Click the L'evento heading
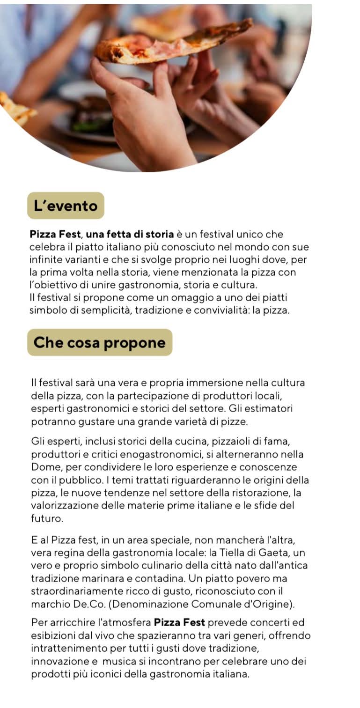pos(66,206)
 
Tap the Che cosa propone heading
pos(99,342)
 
